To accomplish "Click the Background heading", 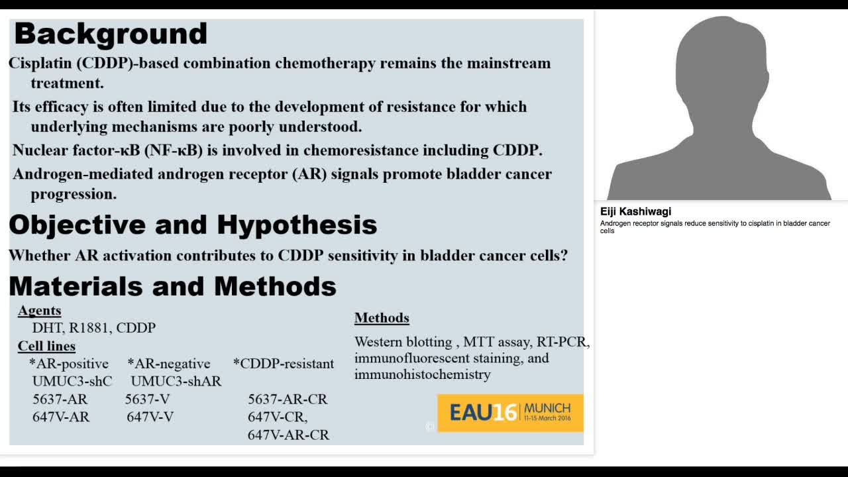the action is click(111, 34).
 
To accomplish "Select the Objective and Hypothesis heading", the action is click(193, 225).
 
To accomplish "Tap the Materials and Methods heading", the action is click(173, 286).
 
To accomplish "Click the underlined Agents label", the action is click(39, 311).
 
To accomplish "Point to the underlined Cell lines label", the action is click(46, 346).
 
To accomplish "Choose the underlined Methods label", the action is click(382, 317).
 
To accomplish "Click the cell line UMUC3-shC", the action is click(72, 381).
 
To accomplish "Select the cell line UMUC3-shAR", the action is click(176, 381).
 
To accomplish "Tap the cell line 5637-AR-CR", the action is click(288, 399).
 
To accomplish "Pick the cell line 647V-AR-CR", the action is click(288, 435).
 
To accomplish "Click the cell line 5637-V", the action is click(147, 399).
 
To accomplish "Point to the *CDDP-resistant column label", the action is click(284, 364).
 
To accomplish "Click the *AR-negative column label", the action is click(169, 364).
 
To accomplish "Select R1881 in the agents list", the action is click(91, 328).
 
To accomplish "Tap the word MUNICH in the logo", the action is click(547, 409).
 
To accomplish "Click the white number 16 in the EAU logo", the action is click(505, 412).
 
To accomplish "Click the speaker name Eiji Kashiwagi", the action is click(635, 211).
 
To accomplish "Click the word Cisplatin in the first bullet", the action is click(40, 63).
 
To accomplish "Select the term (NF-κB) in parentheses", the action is click(174, 150).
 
